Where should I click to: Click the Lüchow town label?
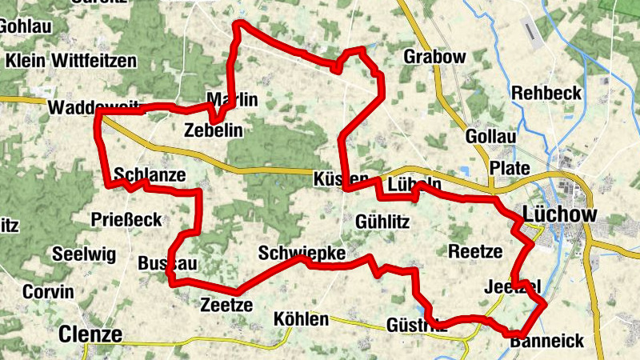[x=559, y=214]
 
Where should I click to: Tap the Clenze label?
[x=90, y=334]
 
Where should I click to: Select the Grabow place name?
[x=434, y=57]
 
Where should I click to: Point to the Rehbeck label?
[x=546, y=93]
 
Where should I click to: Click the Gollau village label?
[x=490, y=137]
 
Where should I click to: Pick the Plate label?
[x=510, y=168]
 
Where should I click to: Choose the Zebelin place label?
[x=212, y=130]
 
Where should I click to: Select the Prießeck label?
[x=126, y=219]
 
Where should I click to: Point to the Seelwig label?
[x=84, y=254]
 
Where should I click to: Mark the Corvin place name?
[x=48, y=291]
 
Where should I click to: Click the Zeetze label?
[x=226, y=305]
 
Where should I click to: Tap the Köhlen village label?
[x=301, y=319]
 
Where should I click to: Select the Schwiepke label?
[x=302, y=253]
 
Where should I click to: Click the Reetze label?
[x=475, y=251]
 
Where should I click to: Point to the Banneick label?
[x=546, y=342]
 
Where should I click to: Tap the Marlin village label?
[x=232, y=100]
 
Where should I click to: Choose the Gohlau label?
[x=26, y=25]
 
